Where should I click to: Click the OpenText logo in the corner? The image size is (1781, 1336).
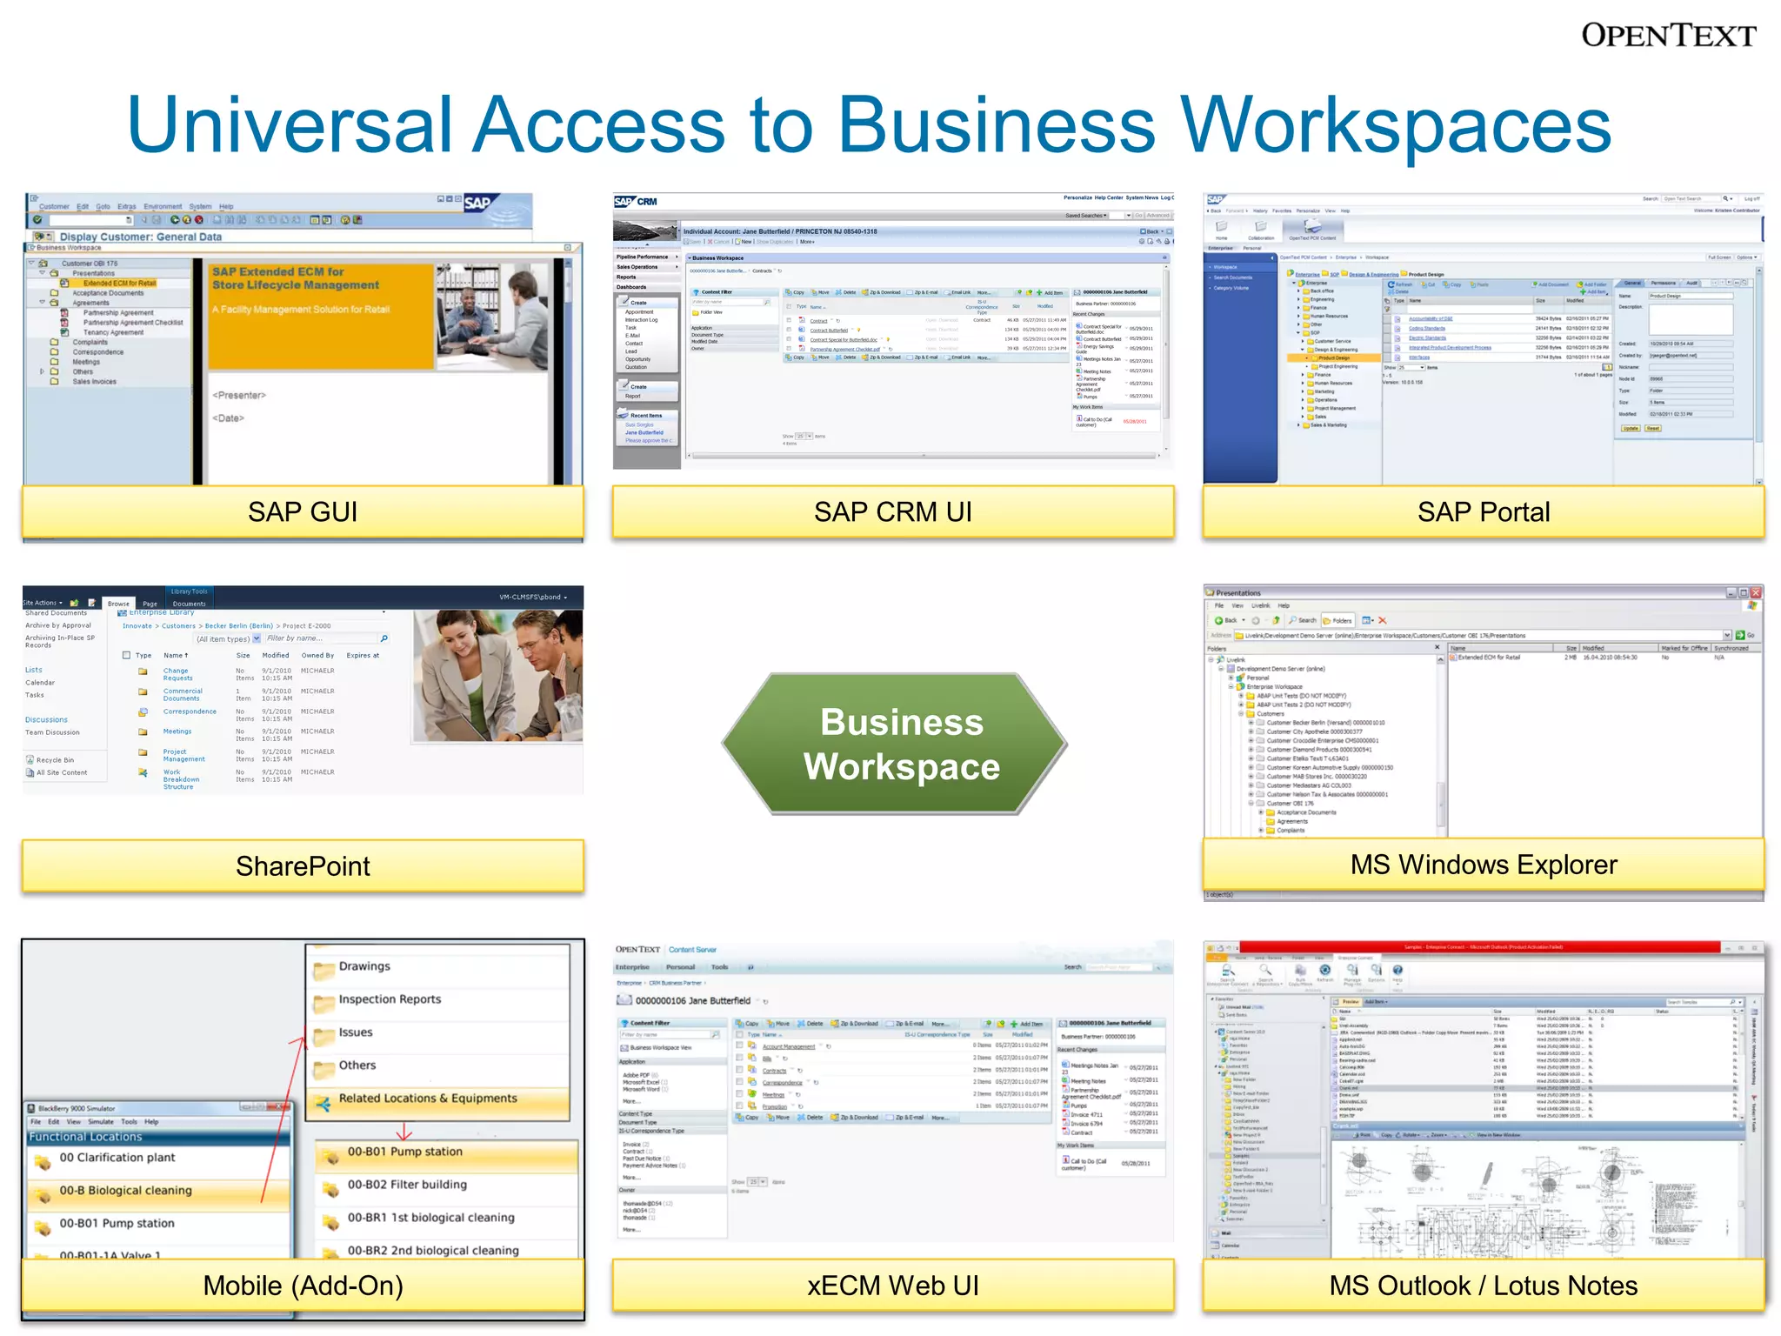[x=1668, y=36]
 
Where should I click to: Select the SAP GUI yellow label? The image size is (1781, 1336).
[x=303, y=511]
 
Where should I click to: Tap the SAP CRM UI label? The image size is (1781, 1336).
[x=892, y=511]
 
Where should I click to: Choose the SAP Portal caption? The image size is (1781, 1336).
[x=1483, y=511]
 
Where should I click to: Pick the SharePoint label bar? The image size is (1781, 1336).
[x=303, y=865]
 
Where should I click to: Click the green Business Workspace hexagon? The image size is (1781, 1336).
[x=901, y=745]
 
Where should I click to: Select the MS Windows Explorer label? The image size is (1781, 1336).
[x=1483, y=865]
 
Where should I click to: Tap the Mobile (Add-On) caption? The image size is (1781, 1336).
[x=303, y=1285]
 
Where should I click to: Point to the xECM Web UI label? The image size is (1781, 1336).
[x=892, y=1285]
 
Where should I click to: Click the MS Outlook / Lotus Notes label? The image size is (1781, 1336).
[x=1483, y=1285]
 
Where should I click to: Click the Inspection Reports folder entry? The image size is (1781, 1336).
[x=390, y=999]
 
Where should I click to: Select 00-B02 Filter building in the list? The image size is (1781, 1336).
[x=407, y=1185]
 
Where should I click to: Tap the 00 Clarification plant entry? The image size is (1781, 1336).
[x=117, y=1158]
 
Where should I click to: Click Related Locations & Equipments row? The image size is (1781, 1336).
[x=428, y=1099]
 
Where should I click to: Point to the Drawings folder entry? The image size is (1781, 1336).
[x=364, y=966]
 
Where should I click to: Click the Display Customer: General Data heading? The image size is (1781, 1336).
[x=141, y=237]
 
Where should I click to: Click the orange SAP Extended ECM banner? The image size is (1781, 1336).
[x=320, y=316]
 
